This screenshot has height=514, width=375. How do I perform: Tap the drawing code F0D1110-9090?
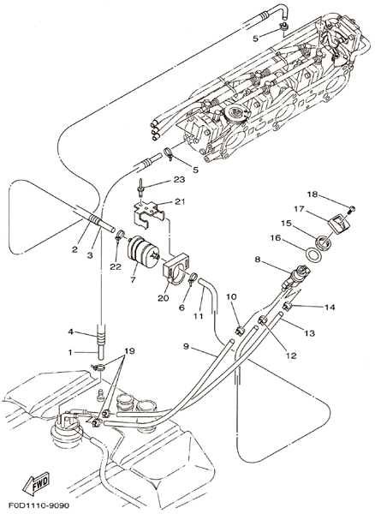pyautogui.click(x=39, y=505)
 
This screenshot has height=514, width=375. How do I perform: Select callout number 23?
pyautogui.click(x=179, y=180)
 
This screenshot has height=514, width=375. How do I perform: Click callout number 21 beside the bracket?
pyautogui.click(x=179, y=201)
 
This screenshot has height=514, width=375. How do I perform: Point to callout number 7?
pyautogui.click(x=133, y=280)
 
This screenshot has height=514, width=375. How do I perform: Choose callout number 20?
pyautogui.click(x=164, y=297)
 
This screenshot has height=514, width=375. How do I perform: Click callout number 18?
pyautogui.click(x=312, y=194)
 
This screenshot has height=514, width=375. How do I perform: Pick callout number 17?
pyautogui.click(x=300, y=209)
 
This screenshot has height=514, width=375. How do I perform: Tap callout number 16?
pyautogui.click(x=276, y=237)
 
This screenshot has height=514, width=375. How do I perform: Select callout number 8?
pyautogui.click(x=258, y=260)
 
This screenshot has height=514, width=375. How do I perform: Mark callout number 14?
pyautogui.click(x=330, y=308)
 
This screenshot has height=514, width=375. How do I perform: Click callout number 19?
pyautogui.click(x=129, y=351)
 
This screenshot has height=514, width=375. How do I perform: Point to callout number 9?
pyautogui.click(x=186, y=346)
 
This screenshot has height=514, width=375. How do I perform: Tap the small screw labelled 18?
pyautogui.click(x=353, y=208)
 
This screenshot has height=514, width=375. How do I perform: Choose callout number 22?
pyautogui.click(x=116, y=266)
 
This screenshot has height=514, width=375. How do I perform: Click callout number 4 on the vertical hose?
pyautogui.click(x=70, y=332)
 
